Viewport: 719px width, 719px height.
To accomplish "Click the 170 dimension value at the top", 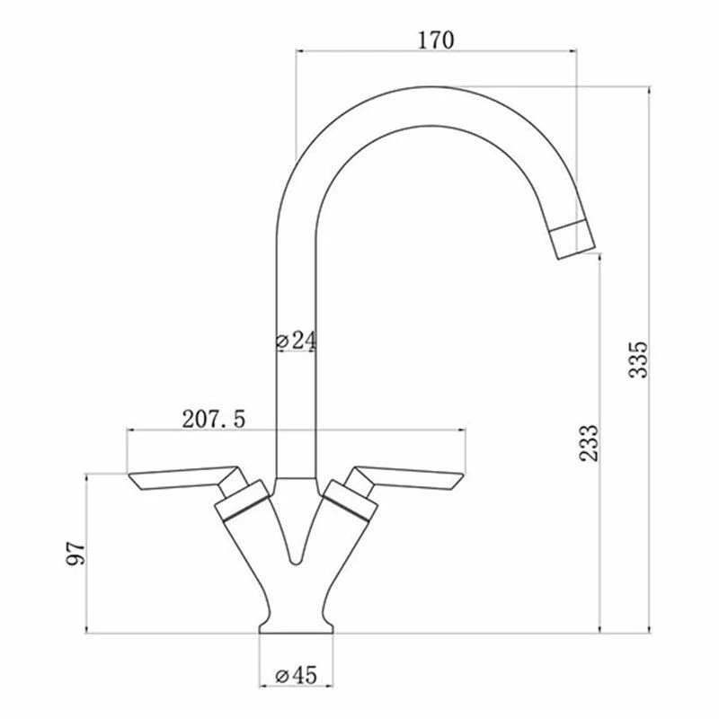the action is (x=436, y=40).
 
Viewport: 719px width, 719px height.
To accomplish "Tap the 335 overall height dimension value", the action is (x=638, y=359).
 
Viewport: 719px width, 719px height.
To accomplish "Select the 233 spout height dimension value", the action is (x=590, y=443).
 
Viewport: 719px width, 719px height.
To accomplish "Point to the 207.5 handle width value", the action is (x=214, y=419).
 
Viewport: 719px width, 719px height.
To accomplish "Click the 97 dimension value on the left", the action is (x=76, y=554).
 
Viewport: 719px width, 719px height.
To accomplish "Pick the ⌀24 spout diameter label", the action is (x=297, y=341).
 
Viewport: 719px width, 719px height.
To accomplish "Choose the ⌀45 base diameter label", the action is (x=297, y=675).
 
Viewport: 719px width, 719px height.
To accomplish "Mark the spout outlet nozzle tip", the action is (x=573, y=239).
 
